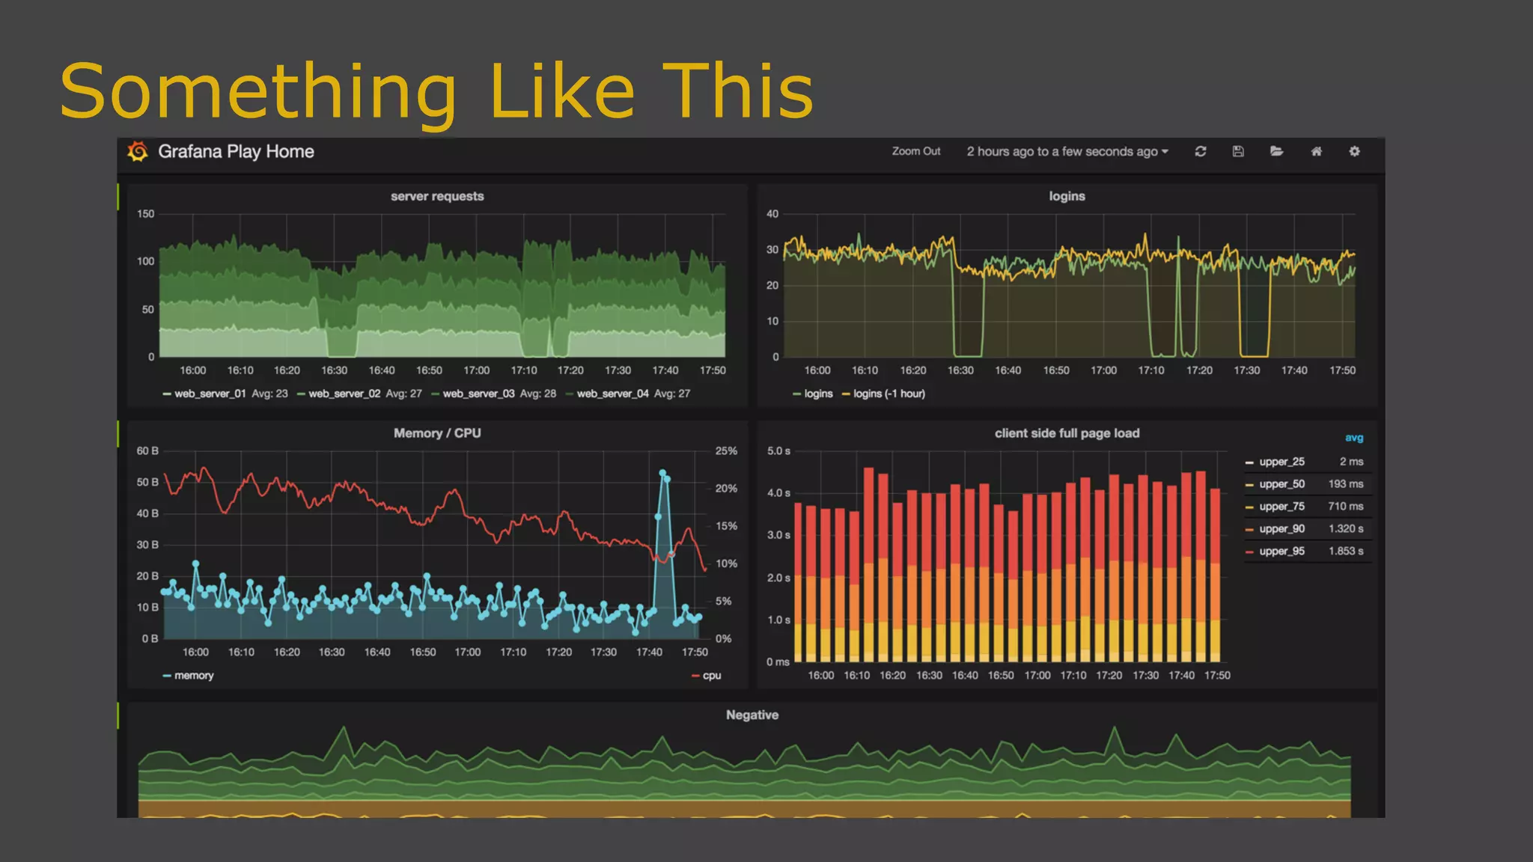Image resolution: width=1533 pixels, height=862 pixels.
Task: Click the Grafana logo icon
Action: (x=138, y=152)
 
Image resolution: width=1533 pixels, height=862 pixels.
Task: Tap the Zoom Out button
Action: (x=916, y=151)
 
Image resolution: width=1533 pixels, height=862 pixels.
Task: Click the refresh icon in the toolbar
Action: (x=1201, y=151)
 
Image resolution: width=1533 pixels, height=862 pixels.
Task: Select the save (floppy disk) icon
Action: (x=1238, y=151)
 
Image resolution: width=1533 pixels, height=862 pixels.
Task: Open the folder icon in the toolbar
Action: (x=1277, y=151)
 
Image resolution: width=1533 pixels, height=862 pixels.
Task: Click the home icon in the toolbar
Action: (x=1316, y=151)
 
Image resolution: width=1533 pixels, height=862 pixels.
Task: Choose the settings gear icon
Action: (x=1354, y=151)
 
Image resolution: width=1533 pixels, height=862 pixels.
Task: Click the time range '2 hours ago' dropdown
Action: (x=1067, y=152)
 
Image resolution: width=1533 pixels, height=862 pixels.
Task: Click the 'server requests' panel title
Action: (x=437, y=196)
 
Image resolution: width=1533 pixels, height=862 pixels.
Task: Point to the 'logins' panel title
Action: (x=1067, y=196)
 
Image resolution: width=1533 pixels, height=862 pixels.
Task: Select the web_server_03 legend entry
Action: (x=478, y=394)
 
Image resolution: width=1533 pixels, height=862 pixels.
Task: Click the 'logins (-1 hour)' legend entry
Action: (x=889, y=394)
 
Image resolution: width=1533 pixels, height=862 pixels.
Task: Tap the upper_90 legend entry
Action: (x=1281, y=529)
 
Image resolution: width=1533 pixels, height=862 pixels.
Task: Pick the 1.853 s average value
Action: (x=1346, y=551)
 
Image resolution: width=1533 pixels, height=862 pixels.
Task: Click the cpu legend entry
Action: (x=711, y=676)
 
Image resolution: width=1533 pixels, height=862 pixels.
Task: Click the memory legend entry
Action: (x=193, y=676)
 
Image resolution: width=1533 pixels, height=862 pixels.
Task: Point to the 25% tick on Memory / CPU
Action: (x=726, y=451)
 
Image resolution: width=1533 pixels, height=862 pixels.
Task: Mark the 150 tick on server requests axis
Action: (x=145, y=214)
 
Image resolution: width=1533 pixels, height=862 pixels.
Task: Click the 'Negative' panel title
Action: (x=752, y=715)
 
